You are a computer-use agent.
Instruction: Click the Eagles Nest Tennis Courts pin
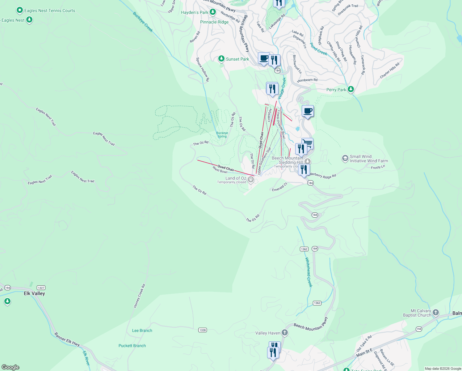tap(19, 11)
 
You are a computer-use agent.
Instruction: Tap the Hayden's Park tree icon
tap(212, 12)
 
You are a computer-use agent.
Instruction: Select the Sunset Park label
tap(237, 59)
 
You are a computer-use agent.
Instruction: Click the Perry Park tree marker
tap(351, 89)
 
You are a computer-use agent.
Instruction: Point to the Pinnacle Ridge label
tap(214, 22)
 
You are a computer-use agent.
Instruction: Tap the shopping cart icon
tap(307, 143)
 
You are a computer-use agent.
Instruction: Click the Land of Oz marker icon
tap(251, 179)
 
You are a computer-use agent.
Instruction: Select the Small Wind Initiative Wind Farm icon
tap(345, 158)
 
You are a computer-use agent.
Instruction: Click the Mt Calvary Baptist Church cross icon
tap(436, 312)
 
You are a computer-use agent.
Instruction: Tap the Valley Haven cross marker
tap(285, 333)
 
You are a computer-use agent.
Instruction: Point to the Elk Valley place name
tap(34, 293)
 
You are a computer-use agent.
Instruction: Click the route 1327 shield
tap(41, 288)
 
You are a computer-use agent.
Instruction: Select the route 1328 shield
tap(202, 330)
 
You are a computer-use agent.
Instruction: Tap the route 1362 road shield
tap(304, 249)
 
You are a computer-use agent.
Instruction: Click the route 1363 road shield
tap(317, 303)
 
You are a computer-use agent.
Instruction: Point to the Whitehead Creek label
tap(309, 272)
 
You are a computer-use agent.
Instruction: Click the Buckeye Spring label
tap(222, 134)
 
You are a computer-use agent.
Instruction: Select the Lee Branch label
tap(142, 330)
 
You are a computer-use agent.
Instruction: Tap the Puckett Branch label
tap(132, 346)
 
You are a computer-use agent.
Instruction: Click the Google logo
tap(10, 367)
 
